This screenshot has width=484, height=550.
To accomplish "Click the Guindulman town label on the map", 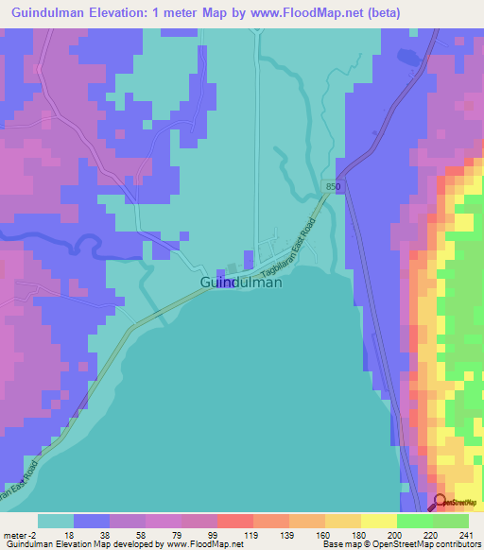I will (x=241, y=282).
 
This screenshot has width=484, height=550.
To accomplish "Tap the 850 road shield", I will (x=328, y=188).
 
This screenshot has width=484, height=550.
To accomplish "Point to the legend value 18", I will (x=70, y=536).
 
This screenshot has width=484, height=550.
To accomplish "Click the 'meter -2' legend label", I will (x=20, y=536).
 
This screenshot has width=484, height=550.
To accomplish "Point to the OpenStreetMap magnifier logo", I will (x=441, y=502).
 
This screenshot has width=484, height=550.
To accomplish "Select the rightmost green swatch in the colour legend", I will (x=451, y=521).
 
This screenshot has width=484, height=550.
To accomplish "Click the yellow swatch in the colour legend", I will (x=378, y=521).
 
